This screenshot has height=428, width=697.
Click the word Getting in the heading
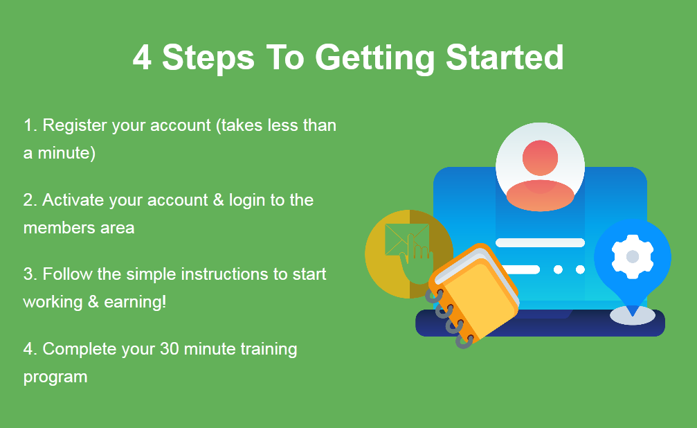374,59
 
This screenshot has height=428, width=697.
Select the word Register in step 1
74,126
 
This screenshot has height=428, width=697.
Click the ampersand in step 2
218,200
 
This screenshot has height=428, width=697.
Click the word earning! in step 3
135,303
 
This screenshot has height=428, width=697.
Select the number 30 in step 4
170,349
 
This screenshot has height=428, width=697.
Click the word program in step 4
55,377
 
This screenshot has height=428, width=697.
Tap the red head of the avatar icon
540,158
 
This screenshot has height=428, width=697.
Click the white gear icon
633,257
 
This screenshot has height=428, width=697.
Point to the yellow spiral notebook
473,294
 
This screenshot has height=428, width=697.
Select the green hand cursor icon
415,260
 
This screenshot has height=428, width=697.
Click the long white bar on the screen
540,242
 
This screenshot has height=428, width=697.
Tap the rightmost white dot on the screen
580,269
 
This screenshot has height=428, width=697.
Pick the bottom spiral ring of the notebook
464,341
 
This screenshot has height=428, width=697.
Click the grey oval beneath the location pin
633,315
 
